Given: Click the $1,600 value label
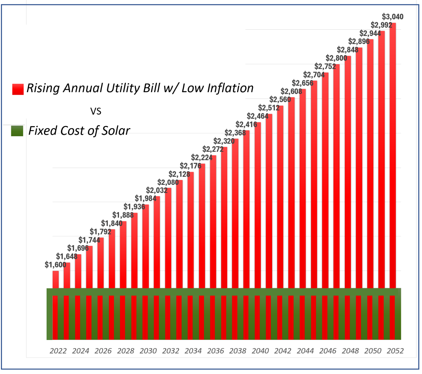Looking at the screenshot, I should pyautogui.click(x=55, y=265).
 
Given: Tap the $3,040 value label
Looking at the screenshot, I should pyautogui.click(x=392, y=17).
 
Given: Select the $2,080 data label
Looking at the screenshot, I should pyautogui.click(x=168, y=182).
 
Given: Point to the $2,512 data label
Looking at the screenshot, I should pyautogui.click(x=269, y=108).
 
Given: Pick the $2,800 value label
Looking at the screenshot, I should pyautogui.click(x=336, y=58).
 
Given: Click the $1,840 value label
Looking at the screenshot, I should pyautogui.click(x=112, y=224).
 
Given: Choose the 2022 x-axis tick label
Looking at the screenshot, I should pyautogui.click(x=58, y=351).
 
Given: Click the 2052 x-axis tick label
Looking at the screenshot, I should pyautogui.click(x=395, y=351).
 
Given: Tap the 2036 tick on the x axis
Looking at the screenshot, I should pyautogui.click(x=216, y=351).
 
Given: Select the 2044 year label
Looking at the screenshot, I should pyautogui.click(x=305, y=351).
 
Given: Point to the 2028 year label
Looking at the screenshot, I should pyautogui.click(x=126, y=351).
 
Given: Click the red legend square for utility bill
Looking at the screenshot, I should pyautogui.click(x=18, y=89).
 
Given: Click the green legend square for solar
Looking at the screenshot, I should pyautogui.click(x=17, y=131).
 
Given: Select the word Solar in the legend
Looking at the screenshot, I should pyautogui.click(x=116, y=131).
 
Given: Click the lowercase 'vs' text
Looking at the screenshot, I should pyautogui.click(x=96, y=111).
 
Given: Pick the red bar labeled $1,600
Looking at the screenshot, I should pyautogui.click(x=56, y=280).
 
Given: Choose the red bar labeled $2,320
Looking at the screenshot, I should pyautogui.click(x=224, y=217).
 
